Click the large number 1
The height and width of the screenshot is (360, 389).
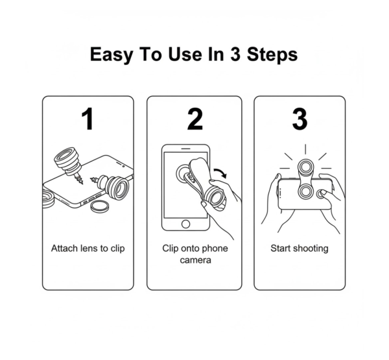pos(88,119)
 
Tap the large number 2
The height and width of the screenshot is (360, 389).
pos(194,119)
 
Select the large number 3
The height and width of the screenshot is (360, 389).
pos(299,119)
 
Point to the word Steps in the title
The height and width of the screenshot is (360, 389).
pos(268,54)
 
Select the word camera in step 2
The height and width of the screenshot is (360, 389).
pos(194,261)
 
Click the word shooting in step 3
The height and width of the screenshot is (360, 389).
pos(311,248)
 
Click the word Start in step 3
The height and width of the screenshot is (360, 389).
pos(281,248)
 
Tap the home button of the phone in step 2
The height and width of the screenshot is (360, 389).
pos(187,224)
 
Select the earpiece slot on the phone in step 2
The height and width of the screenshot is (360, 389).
pos(187,149)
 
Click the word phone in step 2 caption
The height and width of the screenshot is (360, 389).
pos(213,248)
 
